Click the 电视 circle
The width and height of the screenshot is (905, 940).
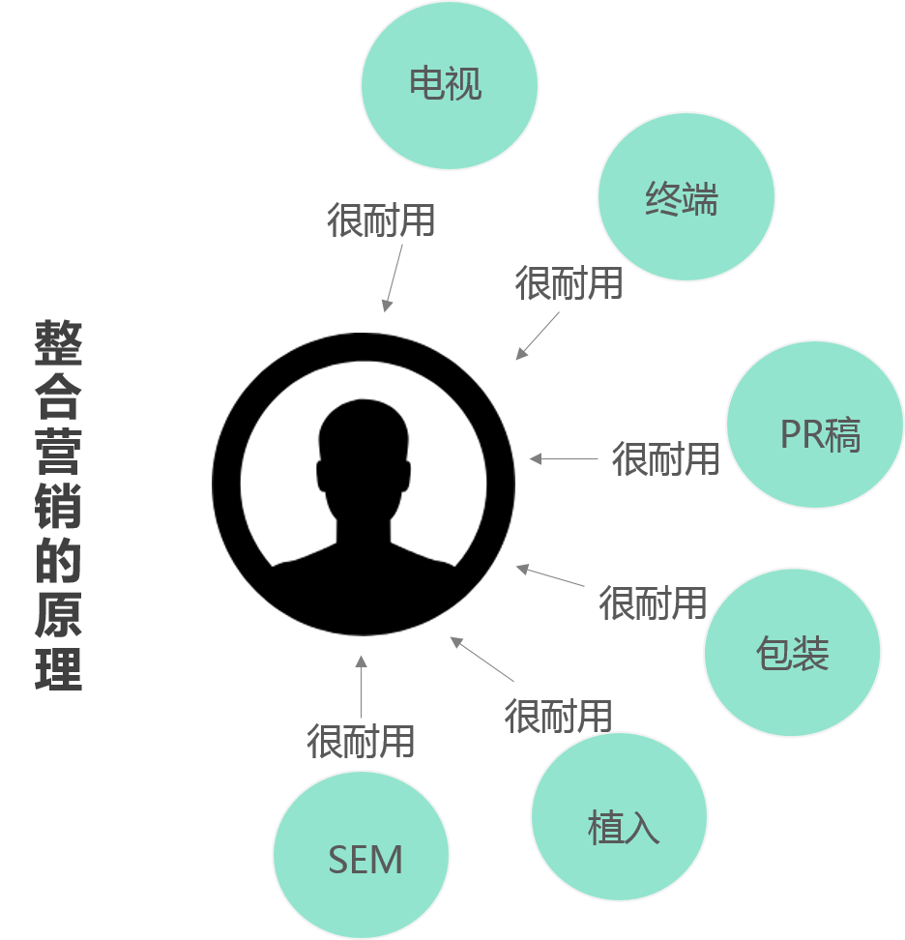pos(449,84)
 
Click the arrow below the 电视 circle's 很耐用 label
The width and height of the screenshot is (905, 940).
pos(393,278)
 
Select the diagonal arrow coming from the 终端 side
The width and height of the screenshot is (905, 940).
pos(538,336)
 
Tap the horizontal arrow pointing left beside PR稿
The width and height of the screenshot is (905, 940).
pos(564,459)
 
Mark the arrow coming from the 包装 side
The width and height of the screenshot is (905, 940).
pos(550,575)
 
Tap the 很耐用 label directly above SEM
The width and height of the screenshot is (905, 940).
pos(361,742)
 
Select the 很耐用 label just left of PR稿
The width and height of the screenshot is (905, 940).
pos(665,458)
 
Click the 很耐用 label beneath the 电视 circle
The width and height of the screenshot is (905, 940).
pos(381,220)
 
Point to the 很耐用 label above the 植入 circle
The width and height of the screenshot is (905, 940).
pos(558,716)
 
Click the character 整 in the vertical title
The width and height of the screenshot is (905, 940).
pos(59,343)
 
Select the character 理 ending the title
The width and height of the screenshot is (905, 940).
pos(59,667)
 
